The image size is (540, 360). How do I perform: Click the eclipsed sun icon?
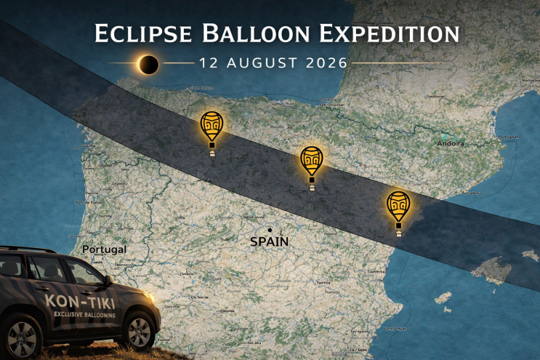pyautogui.click(x=149, y=65)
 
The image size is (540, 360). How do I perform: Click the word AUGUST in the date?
pyautogui.click(x=259, y=64)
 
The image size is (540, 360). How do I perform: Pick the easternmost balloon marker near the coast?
pyautogui.click(x=399, y=206)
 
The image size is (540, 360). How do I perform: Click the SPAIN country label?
pyautogui.click(x=270, y=241)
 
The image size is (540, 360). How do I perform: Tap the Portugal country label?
pyautogui.click(x=104, y=249)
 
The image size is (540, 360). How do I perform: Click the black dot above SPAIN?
pyautogui.click(x=270, y=230)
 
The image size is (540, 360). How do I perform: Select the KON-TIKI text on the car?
pyautogui.click(x=73, y=300)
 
